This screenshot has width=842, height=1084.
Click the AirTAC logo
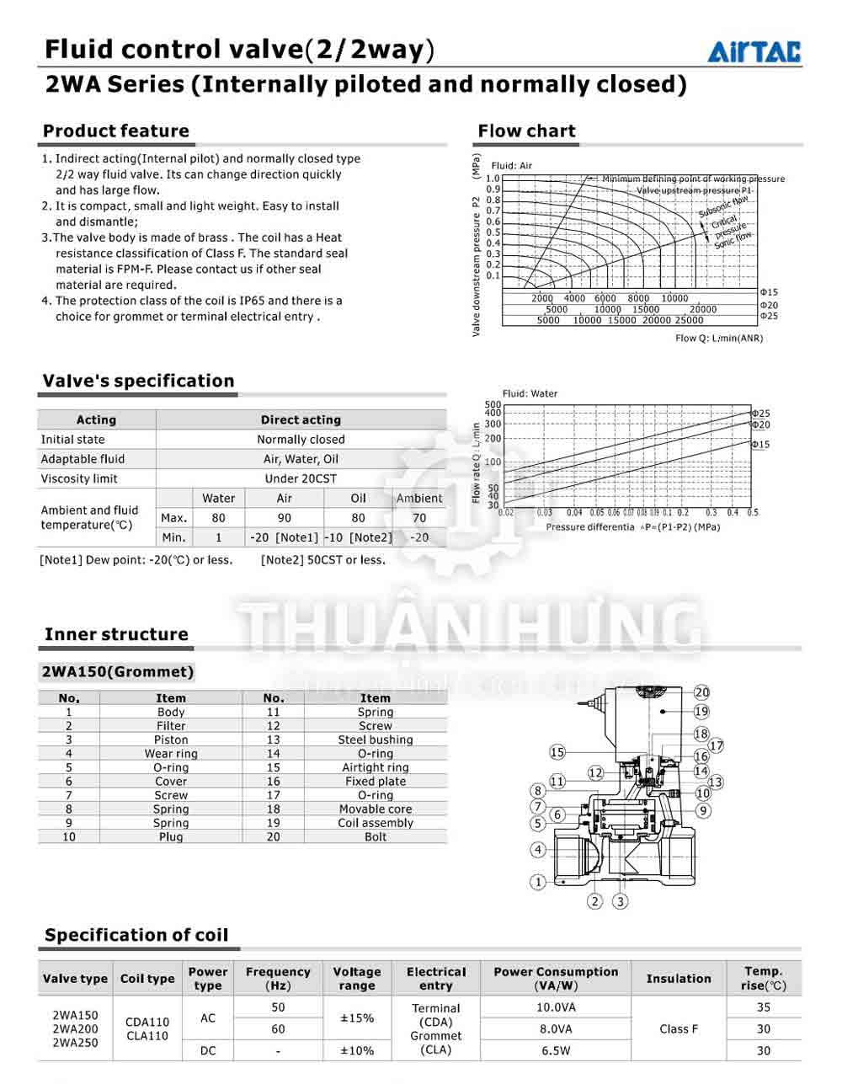click(x=754, y=52)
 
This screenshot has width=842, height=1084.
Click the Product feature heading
click(x=116, y=131)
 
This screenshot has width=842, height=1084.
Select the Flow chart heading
click(x=526, y=131)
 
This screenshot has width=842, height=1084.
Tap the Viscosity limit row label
click(x=79, y=478)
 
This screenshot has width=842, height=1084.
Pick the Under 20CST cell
click(x=301, y=478)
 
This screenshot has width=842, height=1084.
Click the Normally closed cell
click(x=301, y=440)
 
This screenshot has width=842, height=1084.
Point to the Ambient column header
click(x=418, y=499)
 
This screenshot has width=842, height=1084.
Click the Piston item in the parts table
click(x=171, y=740)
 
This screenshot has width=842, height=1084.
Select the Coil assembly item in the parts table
click(x=376, y=823)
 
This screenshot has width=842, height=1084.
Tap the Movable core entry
click(x=376, y=809)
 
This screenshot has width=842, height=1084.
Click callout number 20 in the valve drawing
click(x=701, y=692)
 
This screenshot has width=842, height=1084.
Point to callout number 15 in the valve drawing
click(x=557, y=752)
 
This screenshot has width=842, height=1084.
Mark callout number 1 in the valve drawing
click(x=538, y=882)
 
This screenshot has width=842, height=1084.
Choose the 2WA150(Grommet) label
click(x=118, y=672)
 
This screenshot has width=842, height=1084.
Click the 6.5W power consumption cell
click(x=556, y=1050)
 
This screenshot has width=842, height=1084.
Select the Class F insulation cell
click(x=679, y=1028)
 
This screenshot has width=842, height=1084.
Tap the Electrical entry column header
click(x=435, y=979)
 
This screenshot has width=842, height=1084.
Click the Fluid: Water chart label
click(x=530, y=393)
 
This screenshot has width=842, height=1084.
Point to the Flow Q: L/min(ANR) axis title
click(x=719, y=339)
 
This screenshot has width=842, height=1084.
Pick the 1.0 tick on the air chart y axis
click(x=493, y=179)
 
